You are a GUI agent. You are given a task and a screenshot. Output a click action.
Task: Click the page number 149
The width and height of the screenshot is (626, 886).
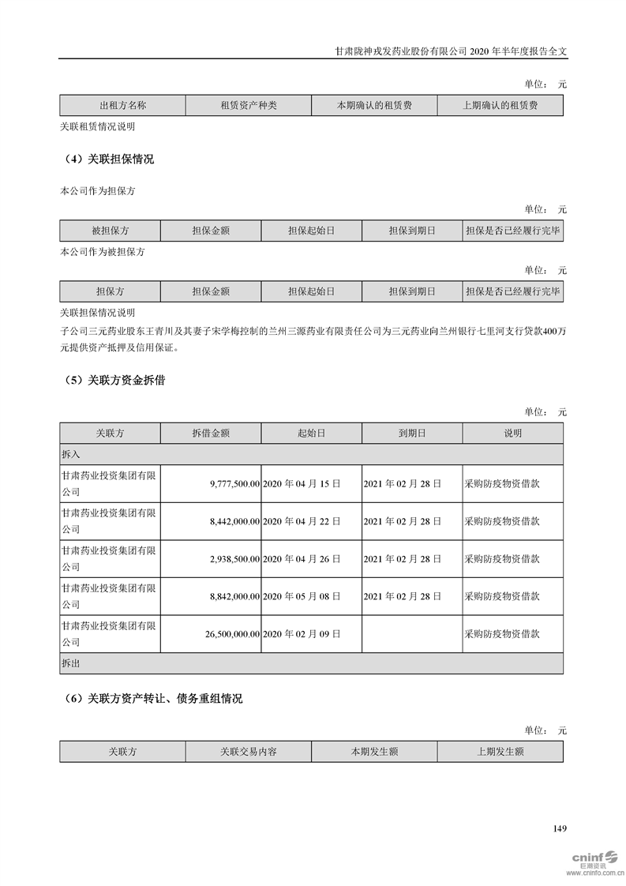pyautogui.click(x=560, y=828)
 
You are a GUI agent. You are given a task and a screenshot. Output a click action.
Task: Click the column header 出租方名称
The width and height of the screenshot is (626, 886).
pyautogui.click(x=122, y=105)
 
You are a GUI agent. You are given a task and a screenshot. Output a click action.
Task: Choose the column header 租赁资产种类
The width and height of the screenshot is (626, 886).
pyautogui.click(x=249, y=105)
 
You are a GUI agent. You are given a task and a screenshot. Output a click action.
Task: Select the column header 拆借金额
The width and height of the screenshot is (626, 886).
pyautogui.click(x=211, y=434)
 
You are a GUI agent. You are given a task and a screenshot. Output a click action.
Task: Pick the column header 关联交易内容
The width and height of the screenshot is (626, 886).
pyautogui.click(x=249, y=752)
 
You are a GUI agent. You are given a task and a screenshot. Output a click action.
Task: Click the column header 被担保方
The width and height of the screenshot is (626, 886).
pyautogui.click(x=110, y=231)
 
